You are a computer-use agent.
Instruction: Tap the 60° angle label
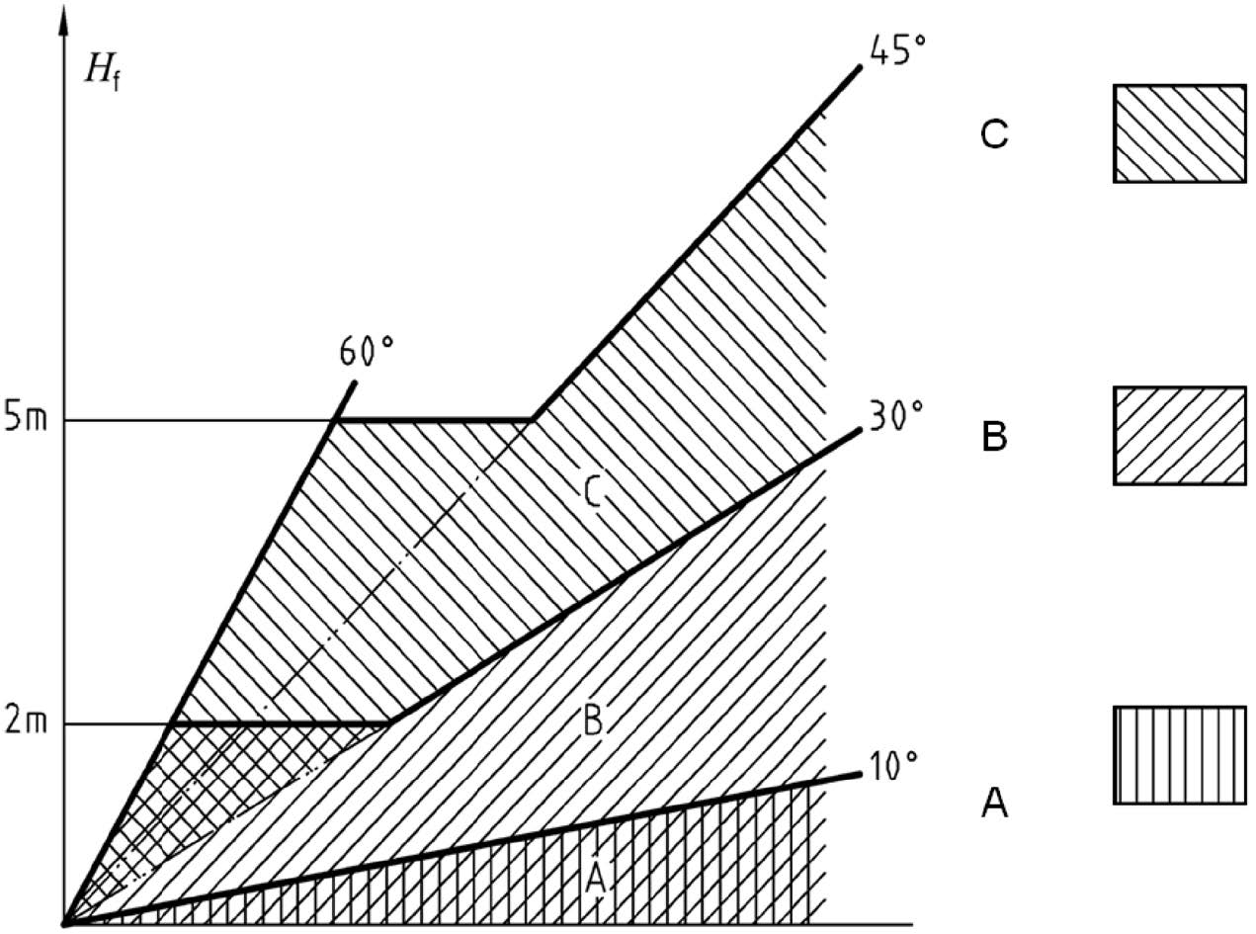pyautogui.click(x=366, y=351)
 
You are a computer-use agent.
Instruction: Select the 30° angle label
pyautogui.click(x=896, y=416)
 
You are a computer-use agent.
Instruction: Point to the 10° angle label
pyautogui.click(x=892, y=768)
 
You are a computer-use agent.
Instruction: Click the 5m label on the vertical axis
pyautogui.click(x=25, y=420)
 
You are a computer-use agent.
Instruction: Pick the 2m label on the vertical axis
pyautogui.click(x=25, y=723)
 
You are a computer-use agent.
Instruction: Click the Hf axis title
pyautogui.click(x=103, y=73)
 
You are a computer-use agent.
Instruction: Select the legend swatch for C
pyautogui.click(x=1180, y=133)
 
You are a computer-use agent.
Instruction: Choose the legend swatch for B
pyautogui.click(x=1180, y=436)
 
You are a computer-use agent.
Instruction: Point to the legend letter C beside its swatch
pyautogui.click(x=994, y=134)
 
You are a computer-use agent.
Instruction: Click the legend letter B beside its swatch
pyautogui.click(x=994, y=436)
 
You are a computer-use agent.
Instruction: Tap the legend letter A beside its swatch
pyautogui.click(x=994, y=804)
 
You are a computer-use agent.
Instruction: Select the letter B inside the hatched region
pyautogui.click(x=593, y=720)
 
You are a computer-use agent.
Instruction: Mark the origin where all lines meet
pyautogui.click(x=64, y=926)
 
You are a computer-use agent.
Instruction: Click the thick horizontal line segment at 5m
pyautogui.click(x=433, y=420)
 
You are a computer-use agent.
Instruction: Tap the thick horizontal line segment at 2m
pyautogui.click(x=281, y=723)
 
